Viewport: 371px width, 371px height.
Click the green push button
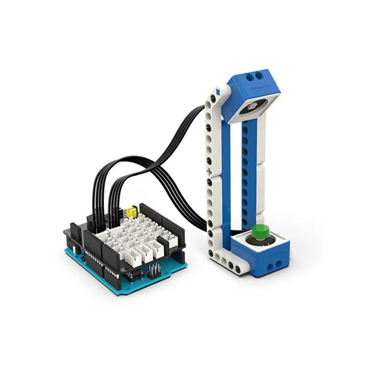[259, 232]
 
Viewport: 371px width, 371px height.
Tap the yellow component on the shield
[131, 211]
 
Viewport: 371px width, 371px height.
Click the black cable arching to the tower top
[178, 134]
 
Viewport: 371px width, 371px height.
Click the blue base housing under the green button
[263, 256]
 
